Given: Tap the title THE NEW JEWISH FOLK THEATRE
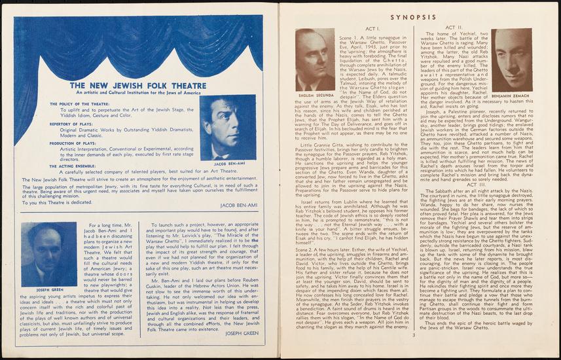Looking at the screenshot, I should click(x=138, y=85).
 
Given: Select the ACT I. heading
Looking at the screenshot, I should click(x=372, y=30).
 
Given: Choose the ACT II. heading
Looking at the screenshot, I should click(x=454, y=30).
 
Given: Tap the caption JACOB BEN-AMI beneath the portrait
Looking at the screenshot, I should click(x=228, y=164).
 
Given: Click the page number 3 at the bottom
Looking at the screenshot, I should click(x=414, y=336).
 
